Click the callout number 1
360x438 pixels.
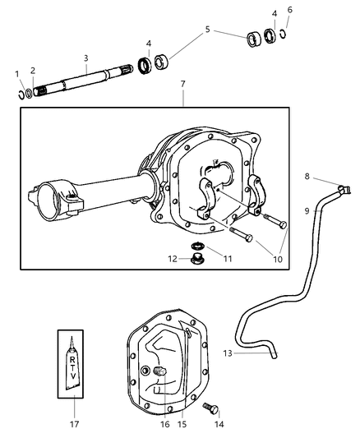[17, 75]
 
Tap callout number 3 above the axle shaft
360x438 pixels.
[85, 58]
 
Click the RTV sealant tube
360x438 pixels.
[74, 362]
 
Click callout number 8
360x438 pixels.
[306, 176]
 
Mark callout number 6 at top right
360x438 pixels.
[289, 10]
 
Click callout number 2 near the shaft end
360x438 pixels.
[33, 70]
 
